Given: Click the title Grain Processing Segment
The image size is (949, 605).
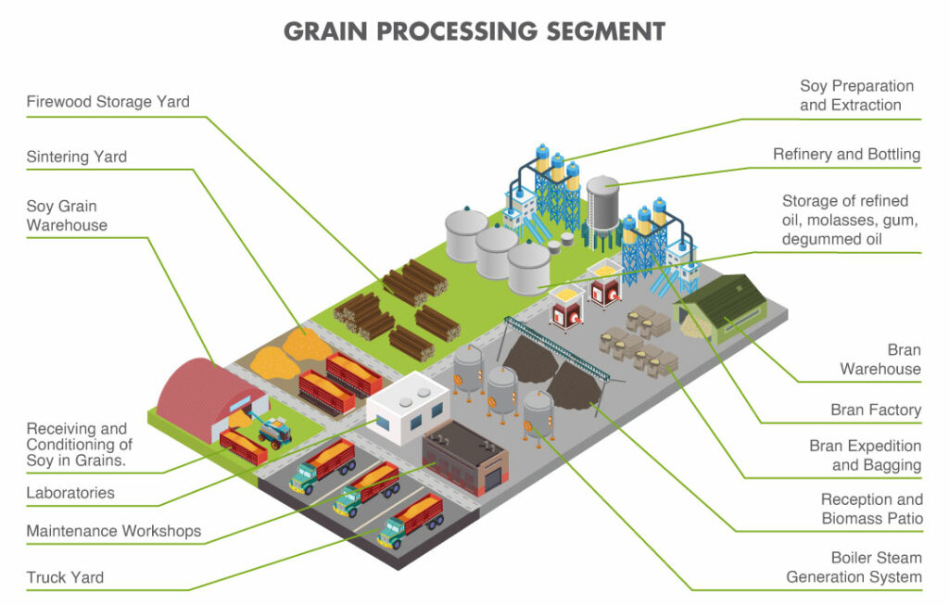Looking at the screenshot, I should [x=474, y=31].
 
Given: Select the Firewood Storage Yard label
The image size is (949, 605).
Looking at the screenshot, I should [x=108, y=102].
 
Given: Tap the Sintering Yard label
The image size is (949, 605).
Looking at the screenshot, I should [x=77, y=157].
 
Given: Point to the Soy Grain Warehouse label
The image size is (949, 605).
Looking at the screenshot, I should [x=67, y=215].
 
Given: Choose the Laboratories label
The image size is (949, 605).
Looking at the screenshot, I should [x=70, y=493].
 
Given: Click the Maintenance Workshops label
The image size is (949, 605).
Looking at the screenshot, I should [x=113, y=531].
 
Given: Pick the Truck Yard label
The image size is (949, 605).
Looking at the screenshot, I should [x=65, y=577].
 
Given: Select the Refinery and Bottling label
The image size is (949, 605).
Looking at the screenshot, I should [x=846, y=155].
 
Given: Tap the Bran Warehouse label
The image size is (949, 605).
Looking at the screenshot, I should [x=879, y=359].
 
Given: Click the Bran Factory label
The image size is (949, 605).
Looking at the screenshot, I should [x=876, y=410].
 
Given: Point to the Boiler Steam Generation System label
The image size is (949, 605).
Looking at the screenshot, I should [x=854, y=567].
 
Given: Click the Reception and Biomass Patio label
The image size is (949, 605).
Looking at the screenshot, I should [x=871, y=510].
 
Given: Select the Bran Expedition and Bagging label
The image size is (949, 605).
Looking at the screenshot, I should [x=865, y=456].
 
